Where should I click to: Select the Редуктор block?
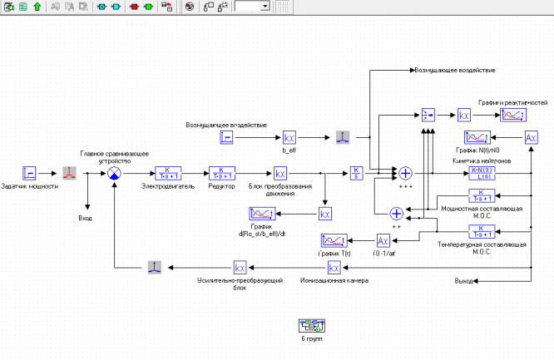point(221,173)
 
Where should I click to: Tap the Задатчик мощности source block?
point(30,173)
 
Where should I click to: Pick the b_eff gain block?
point(289,137)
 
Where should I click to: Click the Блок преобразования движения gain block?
point(280,173)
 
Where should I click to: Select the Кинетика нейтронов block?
point(482,173)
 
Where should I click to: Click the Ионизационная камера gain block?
point(334,268)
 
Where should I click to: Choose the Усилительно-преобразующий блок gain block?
point(240,268)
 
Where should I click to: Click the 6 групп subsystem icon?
point(312,325)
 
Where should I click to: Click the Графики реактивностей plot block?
point(512,116)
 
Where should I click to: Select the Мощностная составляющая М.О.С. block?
point(482,195)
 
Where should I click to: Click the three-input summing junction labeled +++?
point(406,173)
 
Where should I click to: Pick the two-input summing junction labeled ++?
point(396,214)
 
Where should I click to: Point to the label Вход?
point(85,218)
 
